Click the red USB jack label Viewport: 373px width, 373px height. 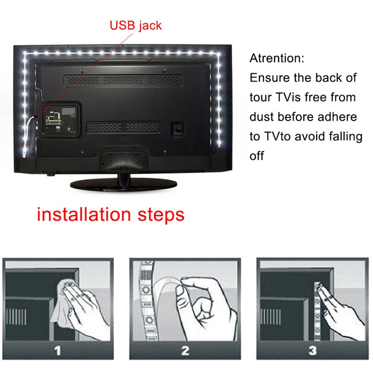(135, 25)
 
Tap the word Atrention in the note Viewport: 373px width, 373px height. (277, 59)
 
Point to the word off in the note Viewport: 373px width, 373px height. (257, 156)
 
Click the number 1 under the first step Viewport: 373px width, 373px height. (57, 351)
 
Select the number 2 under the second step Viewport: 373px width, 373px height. (185, 351)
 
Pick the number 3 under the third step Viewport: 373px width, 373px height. (313, 351)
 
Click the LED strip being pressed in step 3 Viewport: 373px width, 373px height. (318, 313)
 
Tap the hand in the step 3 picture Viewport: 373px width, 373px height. (338, 310)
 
